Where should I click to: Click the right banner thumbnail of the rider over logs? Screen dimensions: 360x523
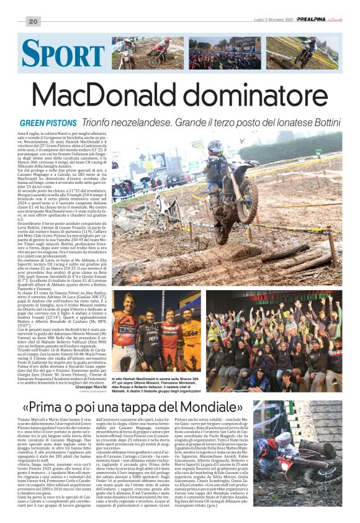click(302, 53)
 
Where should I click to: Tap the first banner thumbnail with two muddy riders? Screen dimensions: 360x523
click(146, 53)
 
